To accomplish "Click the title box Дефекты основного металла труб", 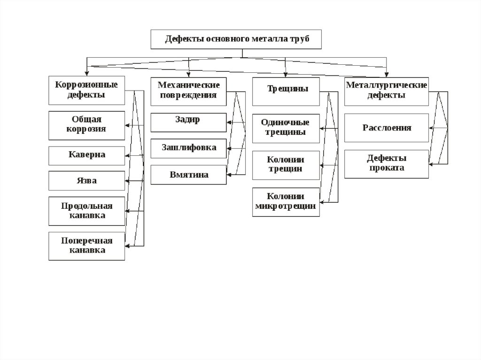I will [x=236, y=39].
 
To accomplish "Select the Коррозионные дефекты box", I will [x=87, y=90].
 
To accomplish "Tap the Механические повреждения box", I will [x=188, y=90].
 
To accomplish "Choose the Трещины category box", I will [x=286, y=91].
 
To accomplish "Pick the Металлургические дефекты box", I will [x=386, y=91].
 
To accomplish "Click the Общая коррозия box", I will [x=87, y=125].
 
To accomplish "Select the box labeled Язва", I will [x=87, y=181].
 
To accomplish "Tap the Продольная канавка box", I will [x=87, y=211].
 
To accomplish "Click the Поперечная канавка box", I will [x=87, y=245].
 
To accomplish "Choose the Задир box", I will [x=188, y=122].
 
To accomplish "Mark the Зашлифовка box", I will [x=188, y=148].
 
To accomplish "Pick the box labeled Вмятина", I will [x=188, y=175].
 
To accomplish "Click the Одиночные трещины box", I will [x=286, y=128].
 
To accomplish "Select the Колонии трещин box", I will [x=286, y=165].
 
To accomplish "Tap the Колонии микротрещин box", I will [x=286, y=201].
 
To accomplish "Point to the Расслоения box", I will [x=386, y=128].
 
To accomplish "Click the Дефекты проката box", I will [x=386, y=164].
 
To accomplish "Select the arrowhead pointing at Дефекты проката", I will [x=432, y=164].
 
